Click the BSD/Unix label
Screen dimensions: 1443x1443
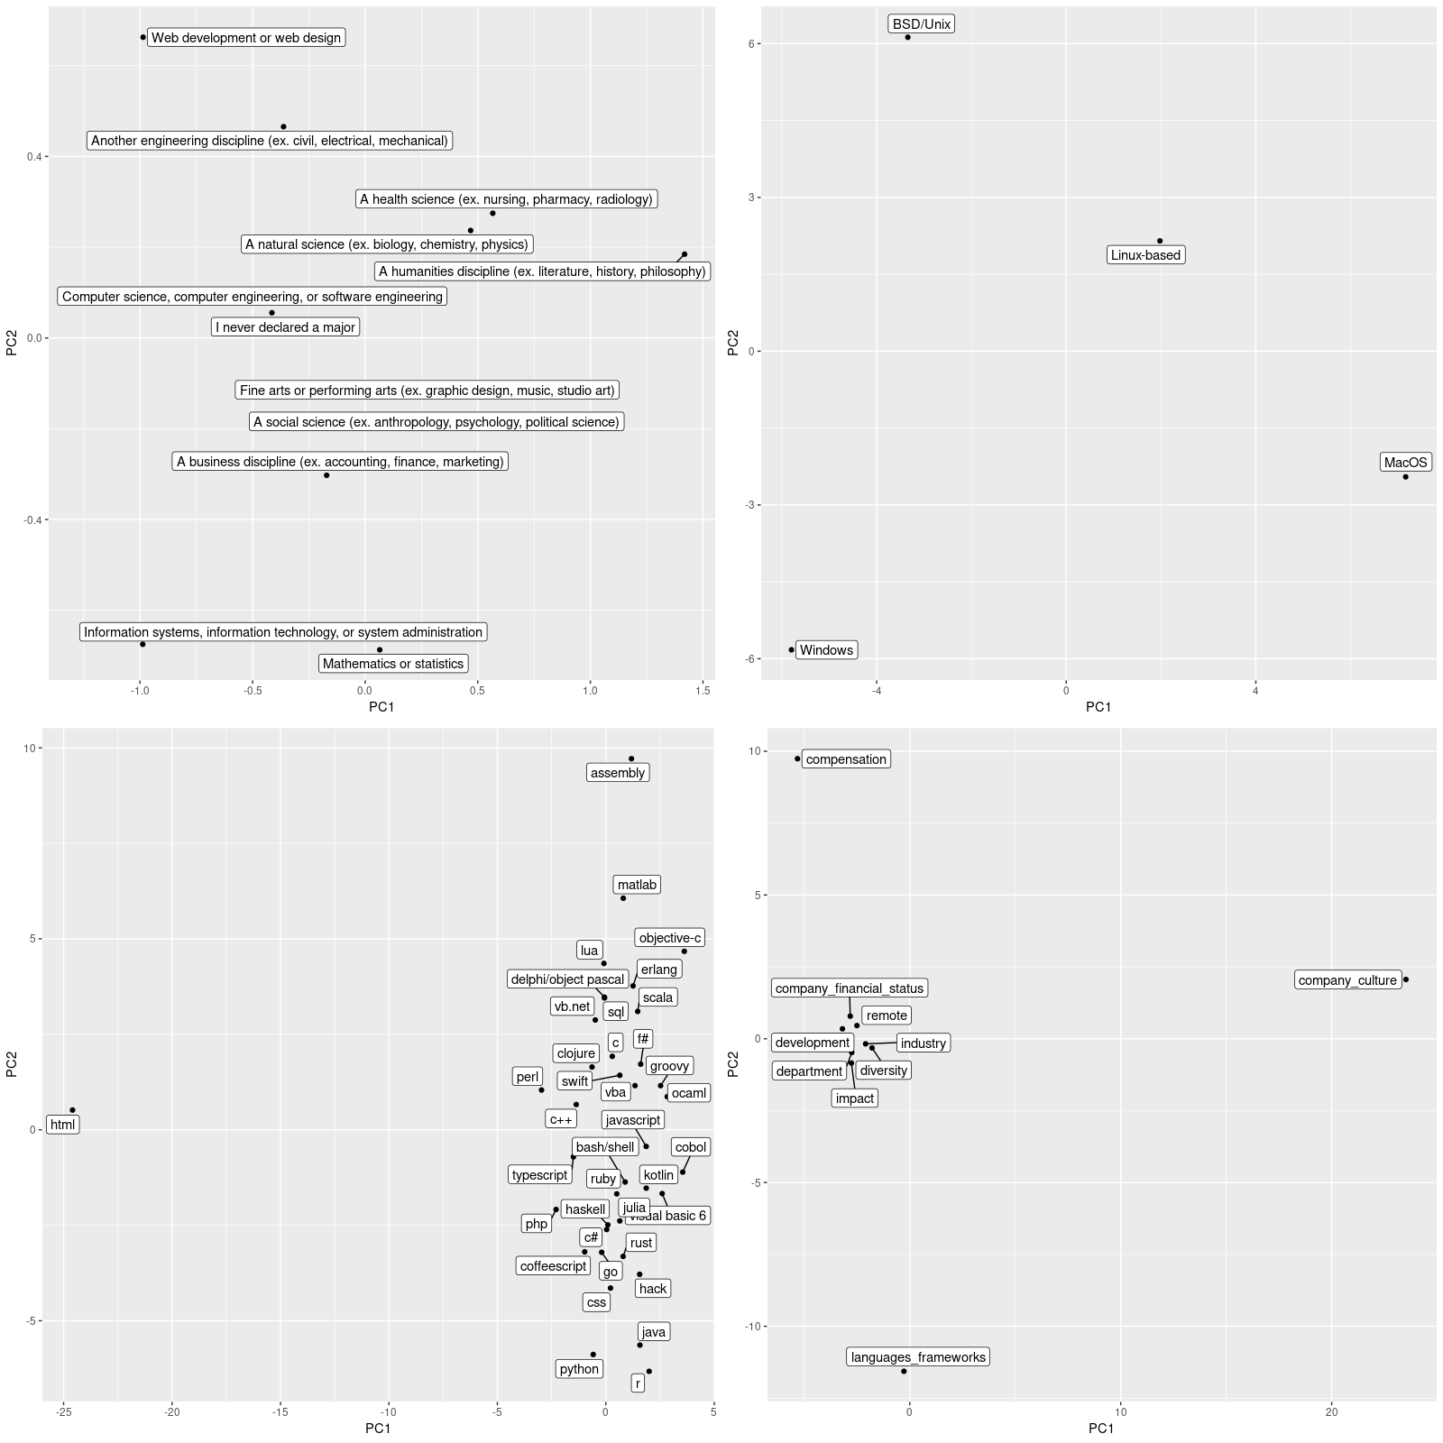pos(921,24)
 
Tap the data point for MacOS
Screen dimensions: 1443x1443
pos(1405,477)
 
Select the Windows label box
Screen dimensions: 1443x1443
pos(826,650)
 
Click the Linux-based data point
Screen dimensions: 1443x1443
pos(1160,241)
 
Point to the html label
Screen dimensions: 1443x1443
pos(62,1125)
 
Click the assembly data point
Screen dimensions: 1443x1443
pos(631,758)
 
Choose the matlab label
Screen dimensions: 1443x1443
pos(637,885)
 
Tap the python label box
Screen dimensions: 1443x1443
pos(579,1369)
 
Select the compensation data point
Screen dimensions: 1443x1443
pos(797,758)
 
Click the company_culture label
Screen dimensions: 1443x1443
pos(1347,980)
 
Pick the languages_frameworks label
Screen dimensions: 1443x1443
pos(918,1357)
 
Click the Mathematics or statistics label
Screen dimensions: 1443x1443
pos(393,664)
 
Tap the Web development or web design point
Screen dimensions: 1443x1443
pos(142,37)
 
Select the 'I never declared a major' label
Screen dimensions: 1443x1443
pos(285,327)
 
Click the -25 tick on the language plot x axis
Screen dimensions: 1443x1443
pos(63,1412)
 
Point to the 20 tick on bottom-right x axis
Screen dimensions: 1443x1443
pos(1332,1412)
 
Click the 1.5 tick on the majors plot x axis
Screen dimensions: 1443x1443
pos(703,691)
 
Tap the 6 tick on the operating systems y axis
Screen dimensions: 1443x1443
pos(750,43)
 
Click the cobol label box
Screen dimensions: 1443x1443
pos(691,1147)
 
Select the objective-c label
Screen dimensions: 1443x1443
pos(669,938)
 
